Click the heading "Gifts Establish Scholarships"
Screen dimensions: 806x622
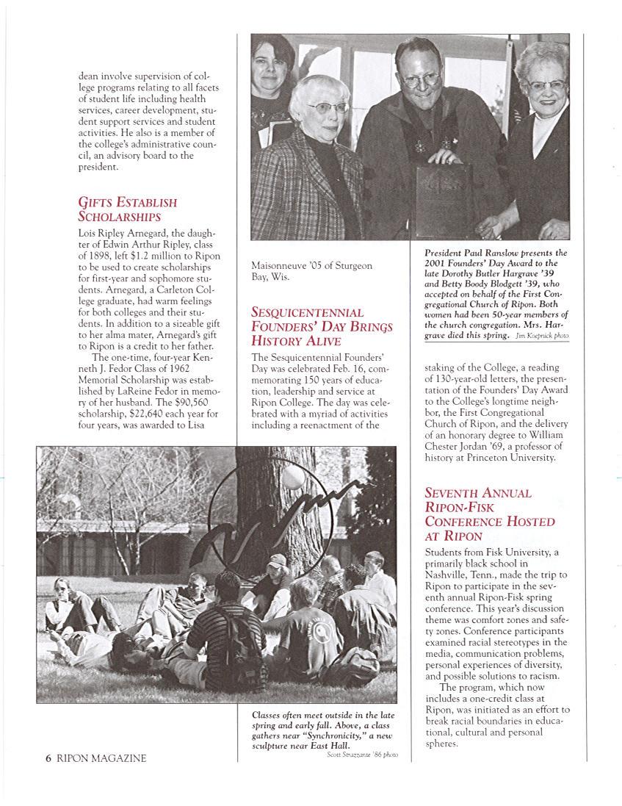(127, 209)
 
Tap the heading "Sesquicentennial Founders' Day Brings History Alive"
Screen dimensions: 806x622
(322, 326)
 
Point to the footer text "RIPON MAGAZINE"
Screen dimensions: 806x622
(101, 758)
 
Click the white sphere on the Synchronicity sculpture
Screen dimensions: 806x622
(293, 478)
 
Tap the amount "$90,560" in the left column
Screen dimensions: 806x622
(199, 402)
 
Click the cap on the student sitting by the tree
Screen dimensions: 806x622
(277, 560)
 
